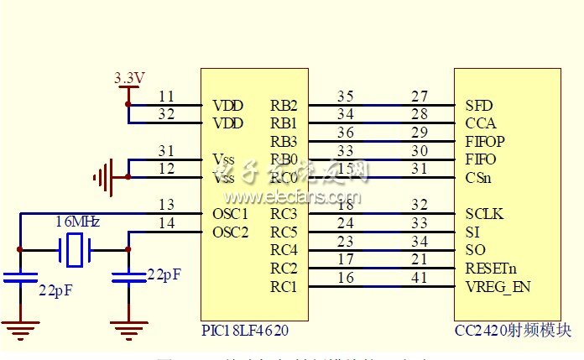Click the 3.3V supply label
coord(129,78)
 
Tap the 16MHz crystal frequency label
coord(77,222)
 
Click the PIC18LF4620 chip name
coord(245,330)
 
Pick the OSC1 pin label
coord(231,214)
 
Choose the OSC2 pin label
coord(231,232)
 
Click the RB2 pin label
coord(284,106)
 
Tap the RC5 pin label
coord(284,232)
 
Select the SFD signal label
coord(478,106)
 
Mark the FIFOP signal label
coord(485,141)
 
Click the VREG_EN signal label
coord(498,287)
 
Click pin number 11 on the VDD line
coord(166,97)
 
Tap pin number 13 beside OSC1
coord(166,205)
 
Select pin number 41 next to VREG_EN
coord(420,278)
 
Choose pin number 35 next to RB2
coord(345,97)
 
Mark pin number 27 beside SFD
coord(420,97)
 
